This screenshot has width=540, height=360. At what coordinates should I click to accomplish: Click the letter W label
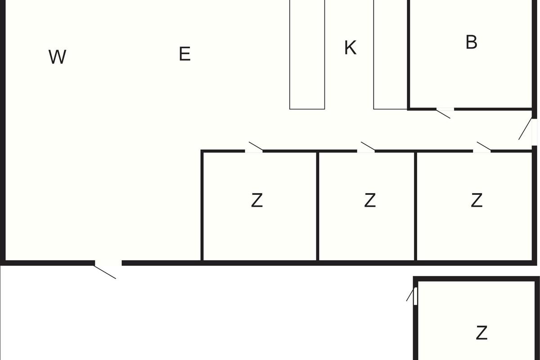coord(57,57)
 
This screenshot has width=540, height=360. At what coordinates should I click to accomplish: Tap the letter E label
coord(184,54)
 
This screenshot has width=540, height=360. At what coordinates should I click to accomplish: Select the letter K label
coord(350,47)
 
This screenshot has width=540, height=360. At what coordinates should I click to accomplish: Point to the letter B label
coord(471,42)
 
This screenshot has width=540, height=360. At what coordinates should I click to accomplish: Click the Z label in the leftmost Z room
coord(256,200)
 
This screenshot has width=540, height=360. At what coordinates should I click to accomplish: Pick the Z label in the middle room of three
coord(369,200)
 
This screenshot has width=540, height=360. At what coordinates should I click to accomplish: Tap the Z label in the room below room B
coord(477,200)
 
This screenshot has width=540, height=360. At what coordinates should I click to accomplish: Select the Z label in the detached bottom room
coord(481,333)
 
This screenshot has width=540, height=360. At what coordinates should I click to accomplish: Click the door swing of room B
coord(444,113)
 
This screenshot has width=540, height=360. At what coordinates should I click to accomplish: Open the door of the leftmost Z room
coord(255,147)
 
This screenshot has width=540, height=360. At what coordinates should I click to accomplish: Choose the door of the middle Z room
coord(367,147)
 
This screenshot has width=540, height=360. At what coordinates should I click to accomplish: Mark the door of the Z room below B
coord(483,147)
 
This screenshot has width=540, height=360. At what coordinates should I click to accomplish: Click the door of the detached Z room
coord(411,295)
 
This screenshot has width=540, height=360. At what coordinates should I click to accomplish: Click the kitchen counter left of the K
coord(307,54)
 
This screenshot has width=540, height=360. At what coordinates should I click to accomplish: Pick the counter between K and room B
coord(390,54)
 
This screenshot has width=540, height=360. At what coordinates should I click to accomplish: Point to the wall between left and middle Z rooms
coord(318,206)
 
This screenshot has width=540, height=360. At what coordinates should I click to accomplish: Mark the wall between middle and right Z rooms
coord(416,206)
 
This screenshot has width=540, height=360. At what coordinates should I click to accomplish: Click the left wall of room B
coord(409,54)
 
